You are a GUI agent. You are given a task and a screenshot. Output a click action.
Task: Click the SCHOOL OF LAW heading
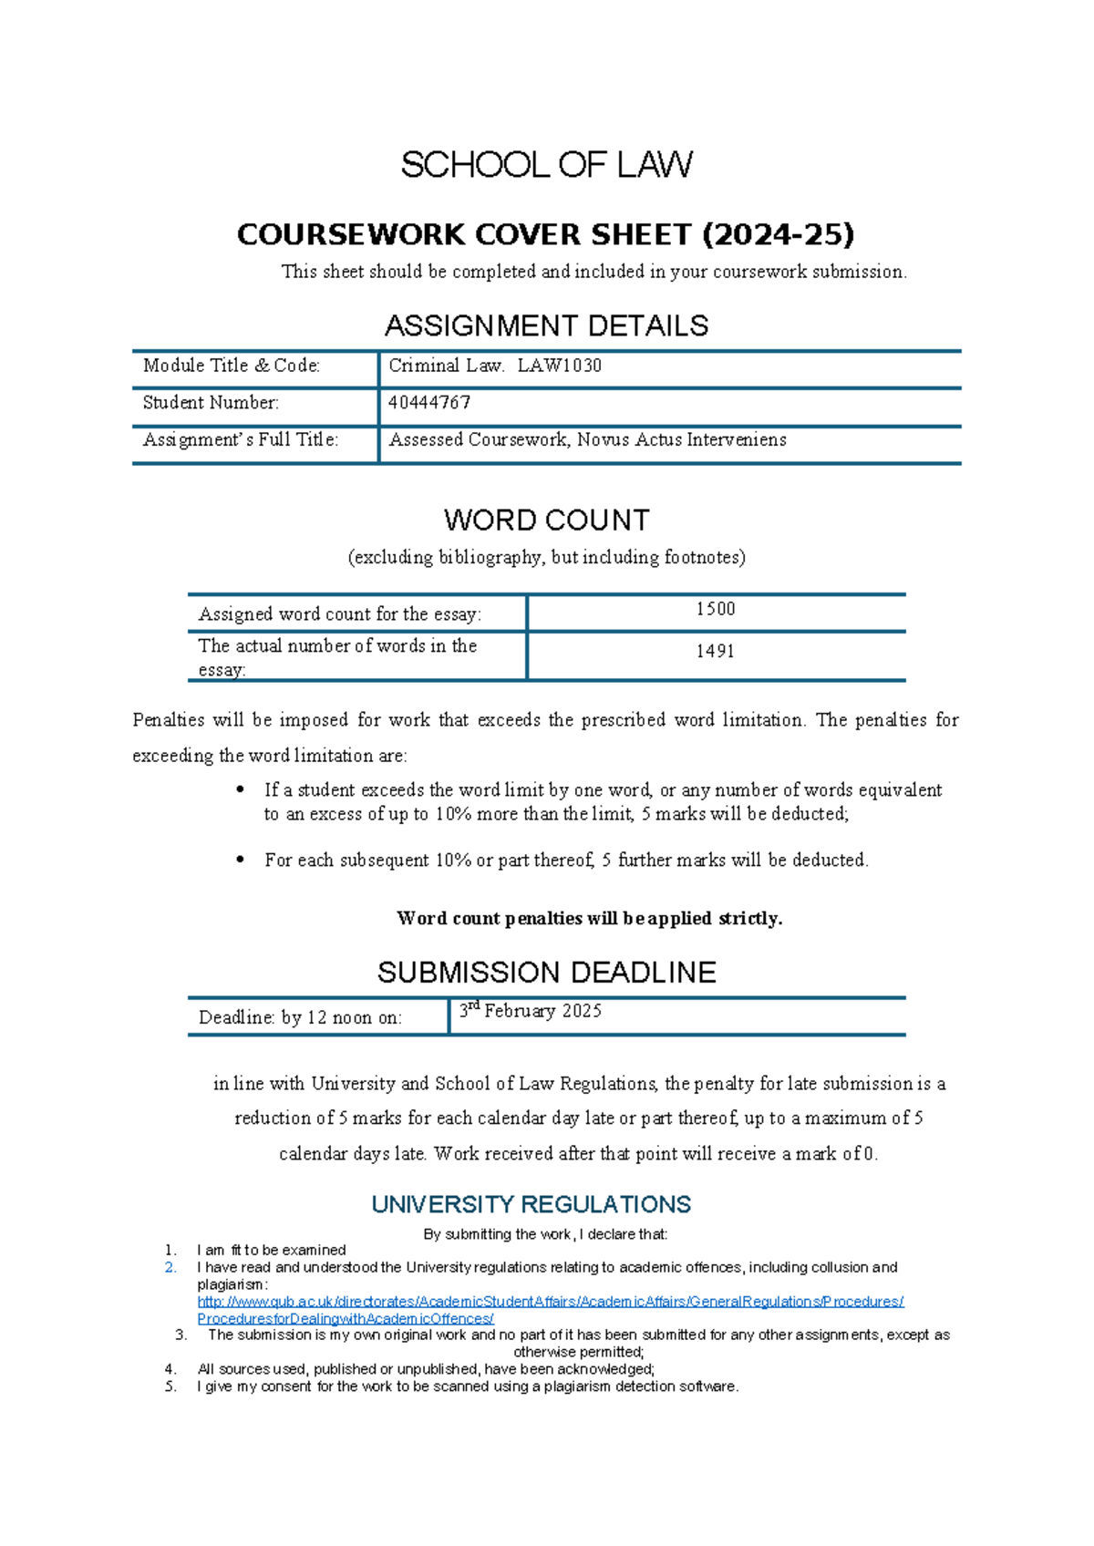point(546,165)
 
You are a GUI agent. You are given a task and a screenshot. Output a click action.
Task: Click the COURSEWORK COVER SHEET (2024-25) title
point(545,234)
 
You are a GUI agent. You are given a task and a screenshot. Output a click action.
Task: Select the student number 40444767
point(429,403)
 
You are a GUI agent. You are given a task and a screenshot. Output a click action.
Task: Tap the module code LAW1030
point(559,366)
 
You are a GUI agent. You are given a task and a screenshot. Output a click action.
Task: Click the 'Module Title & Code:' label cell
point(232,366)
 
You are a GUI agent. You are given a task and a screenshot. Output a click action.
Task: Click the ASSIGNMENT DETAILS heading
point(546,325)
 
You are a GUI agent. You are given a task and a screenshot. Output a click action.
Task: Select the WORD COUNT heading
point(546,520)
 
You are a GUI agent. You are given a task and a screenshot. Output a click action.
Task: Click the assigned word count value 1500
point(716,609)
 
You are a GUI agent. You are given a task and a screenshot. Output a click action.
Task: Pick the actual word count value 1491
point(716,651)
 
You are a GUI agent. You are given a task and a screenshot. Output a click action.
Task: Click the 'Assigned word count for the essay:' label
point(339,614)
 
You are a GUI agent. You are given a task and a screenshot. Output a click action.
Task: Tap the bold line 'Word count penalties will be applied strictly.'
point(589,918)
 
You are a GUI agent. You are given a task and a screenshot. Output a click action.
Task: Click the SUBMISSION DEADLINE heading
point(546,973)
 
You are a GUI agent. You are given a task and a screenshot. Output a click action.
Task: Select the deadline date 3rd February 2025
point(531,1011)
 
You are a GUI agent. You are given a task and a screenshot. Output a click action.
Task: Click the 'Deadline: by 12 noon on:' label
point(300,1017)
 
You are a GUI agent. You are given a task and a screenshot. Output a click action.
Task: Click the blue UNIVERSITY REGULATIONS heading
point(531,1204)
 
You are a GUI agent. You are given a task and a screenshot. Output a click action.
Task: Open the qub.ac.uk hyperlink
point(550,1302)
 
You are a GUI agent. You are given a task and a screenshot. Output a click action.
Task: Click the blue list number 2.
point(170,1267)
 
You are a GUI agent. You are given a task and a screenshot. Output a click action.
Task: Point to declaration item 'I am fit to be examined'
point(272,1250)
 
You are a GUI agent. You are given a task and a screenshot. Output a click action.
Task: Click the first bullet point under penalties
point(241,789)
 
